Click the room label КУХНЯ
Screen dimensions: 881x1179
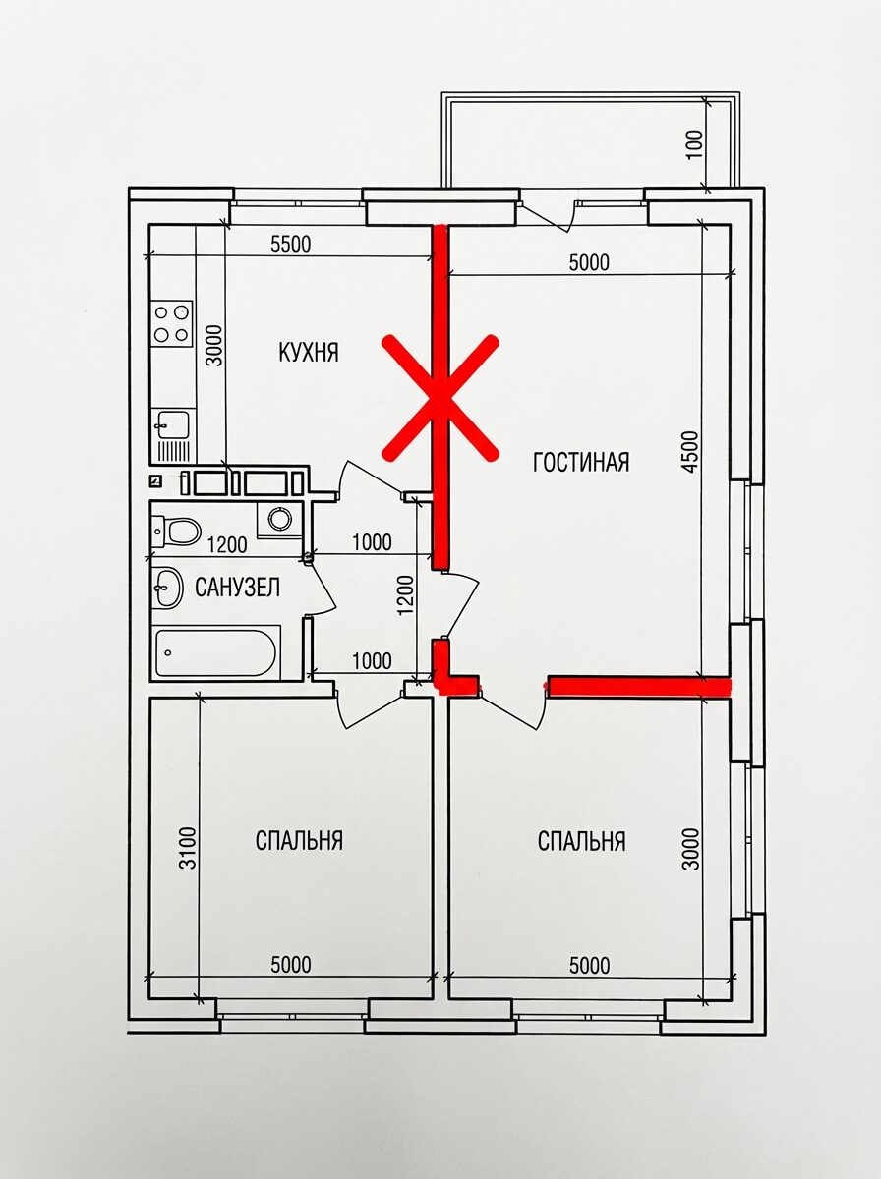tap(309, 354)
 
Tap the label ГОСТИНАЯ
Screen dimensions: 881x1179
tap(580, 462)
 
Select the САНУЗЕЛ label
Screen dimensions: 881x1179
tap(237, 588)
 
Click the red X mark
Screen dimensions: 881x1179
tap(440, 398)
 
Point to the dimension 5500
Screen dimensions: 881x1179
tap(291, 245)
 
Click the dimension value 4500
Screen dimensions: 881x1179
tap(692, 452)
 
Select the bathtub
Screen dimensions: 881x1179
tap(216, 653)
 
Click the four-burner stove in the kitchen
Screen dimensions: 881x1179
tap(172, 324)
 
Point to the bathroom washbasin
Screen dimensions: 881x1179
tap(168, 588)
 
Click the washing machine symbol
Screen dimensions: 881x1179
tap(279, 519)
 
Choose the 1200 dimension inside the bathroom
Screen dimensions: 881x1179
tap(227, 545)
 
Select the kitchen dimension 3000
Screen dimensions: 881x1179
tap(214, 345)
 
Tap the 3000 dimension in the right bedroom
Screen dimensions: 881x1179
tap(692, 849)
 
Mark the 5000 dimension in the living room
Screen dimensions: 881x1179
tap(590, 262)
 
